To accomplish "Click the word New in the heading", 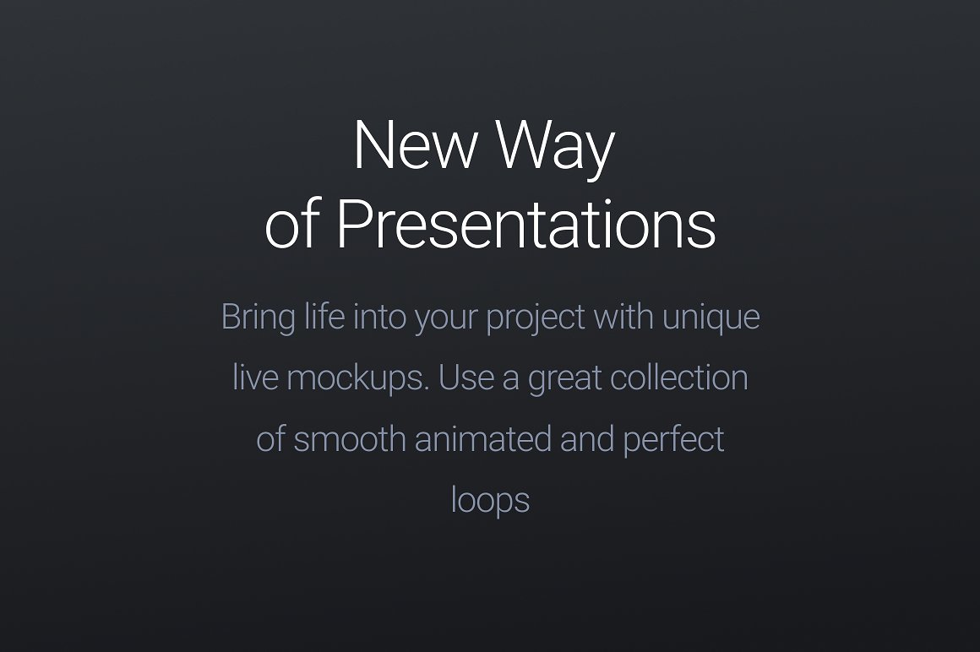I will (415, 145).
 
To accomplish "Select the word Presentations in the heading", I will (525, 225).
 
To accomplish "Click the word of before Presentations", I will (292, 225).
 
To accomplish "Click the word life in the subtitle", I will (324, 318).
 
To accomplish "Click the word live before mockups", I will (255, 378).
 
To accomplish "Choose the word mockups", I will (357, 378).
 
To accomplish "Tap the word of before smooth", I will (270, 439).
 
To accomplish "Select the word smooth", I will (350, 439).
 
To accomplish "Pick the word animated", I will (482, 439).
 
